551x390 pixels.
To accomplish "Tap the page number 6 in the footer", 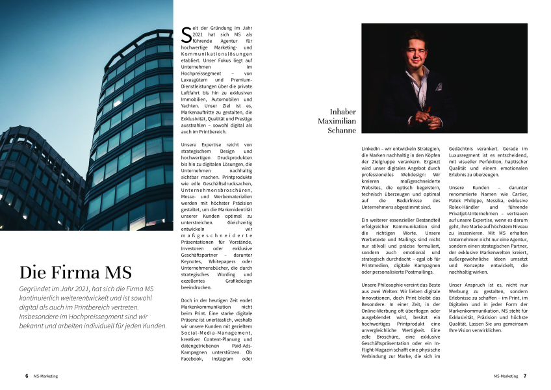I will click(x=25, y=376).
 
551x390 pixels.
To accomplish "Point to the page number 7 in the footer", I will click(x=525, y=376).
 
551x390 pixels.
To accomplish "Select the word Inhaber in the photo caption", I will click(x=343, y=112).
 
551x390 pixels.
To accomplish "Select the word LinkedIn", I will click(x=373, y=149).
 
